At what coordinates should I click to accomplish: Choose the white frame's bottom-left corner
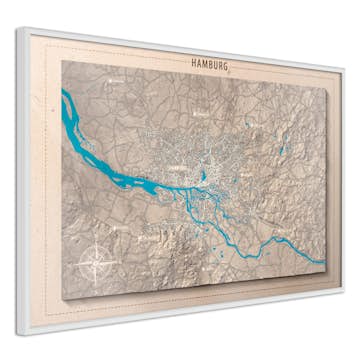(x=20, y=331)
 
